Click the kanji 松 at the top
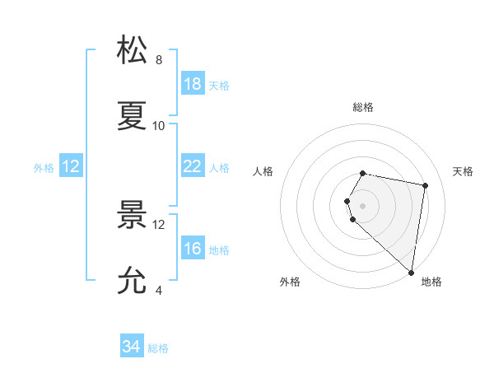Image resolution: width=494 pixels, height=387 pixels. pyautogui.click(x=133, y=50)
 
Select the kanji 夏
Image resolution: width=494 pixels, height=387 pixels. pyautogui.click(x=133, y=116)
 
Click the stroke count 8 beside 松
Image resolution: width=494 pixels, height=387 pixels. pyautogui.click(x=159, y=59)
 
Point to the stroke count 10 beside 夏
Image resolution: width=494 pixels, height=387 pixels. pyautogui.click(x=159, y=125)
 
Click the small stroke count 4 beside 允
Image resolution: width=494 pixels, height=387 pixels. pyautogui.click(x=159, y=290)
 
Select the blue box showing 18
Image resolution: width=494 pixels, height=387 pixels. pyautogui.click(x=192, y=84)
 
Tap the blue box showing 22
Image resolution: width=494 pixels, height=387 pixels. pyautogui.click(x=192, y=166)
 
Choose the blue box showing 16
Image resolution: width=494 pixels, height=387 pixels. pyautogui.click(x=192, y=249)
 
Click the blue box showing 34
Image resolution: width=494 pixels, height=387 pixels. pyautogui.click(x=131, y=347)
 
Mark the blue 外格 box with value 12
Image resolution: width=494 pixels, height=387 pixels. pyautogui.click(x=71, y=166)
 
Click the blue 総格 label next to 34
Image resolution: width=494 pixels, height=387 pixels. pyautogui.click(x=158, y=348)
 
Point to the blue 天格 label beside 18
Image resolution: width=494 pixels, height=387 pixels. pyautogui.click(x=219, y=85)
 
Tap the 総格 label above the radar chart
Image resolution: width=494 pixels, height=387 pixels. pyautogui.click(x=363, y=107)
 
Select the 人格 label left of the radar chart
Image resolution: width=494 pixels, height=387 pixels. pyautogui.click(x=263, y=171)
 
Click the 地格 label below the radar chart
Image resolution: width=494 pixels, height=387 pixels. pyautogui.click(x=431, y=282)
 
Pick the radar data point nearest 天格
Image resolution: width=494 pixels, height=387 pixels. pyautogui.click(x=426, y=185)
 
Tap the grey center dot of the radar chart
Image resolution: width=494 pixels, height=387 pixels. pyautogui.click(x=363, y=205)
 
